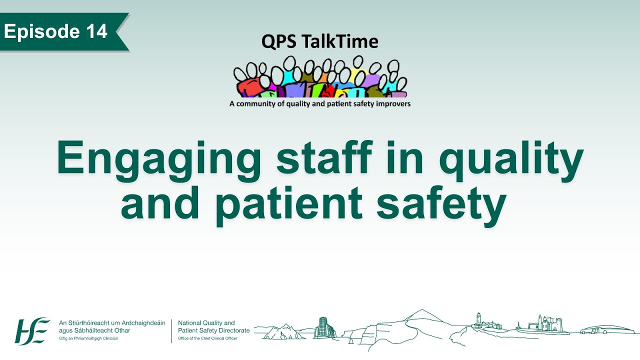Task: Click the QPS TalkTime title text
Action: coord(319,42)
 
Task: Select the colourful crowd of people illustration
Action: coord(320,78)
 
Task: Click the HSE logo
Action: coord(32,330)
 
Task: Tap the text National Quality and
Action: coord(206,323)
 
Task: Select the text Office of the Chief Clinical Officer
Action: coord(207,338)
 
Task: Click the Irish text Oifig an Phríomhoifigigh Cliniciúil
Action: coord(88,338)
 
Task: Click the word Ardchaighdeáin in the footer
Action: coord(141,323)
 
